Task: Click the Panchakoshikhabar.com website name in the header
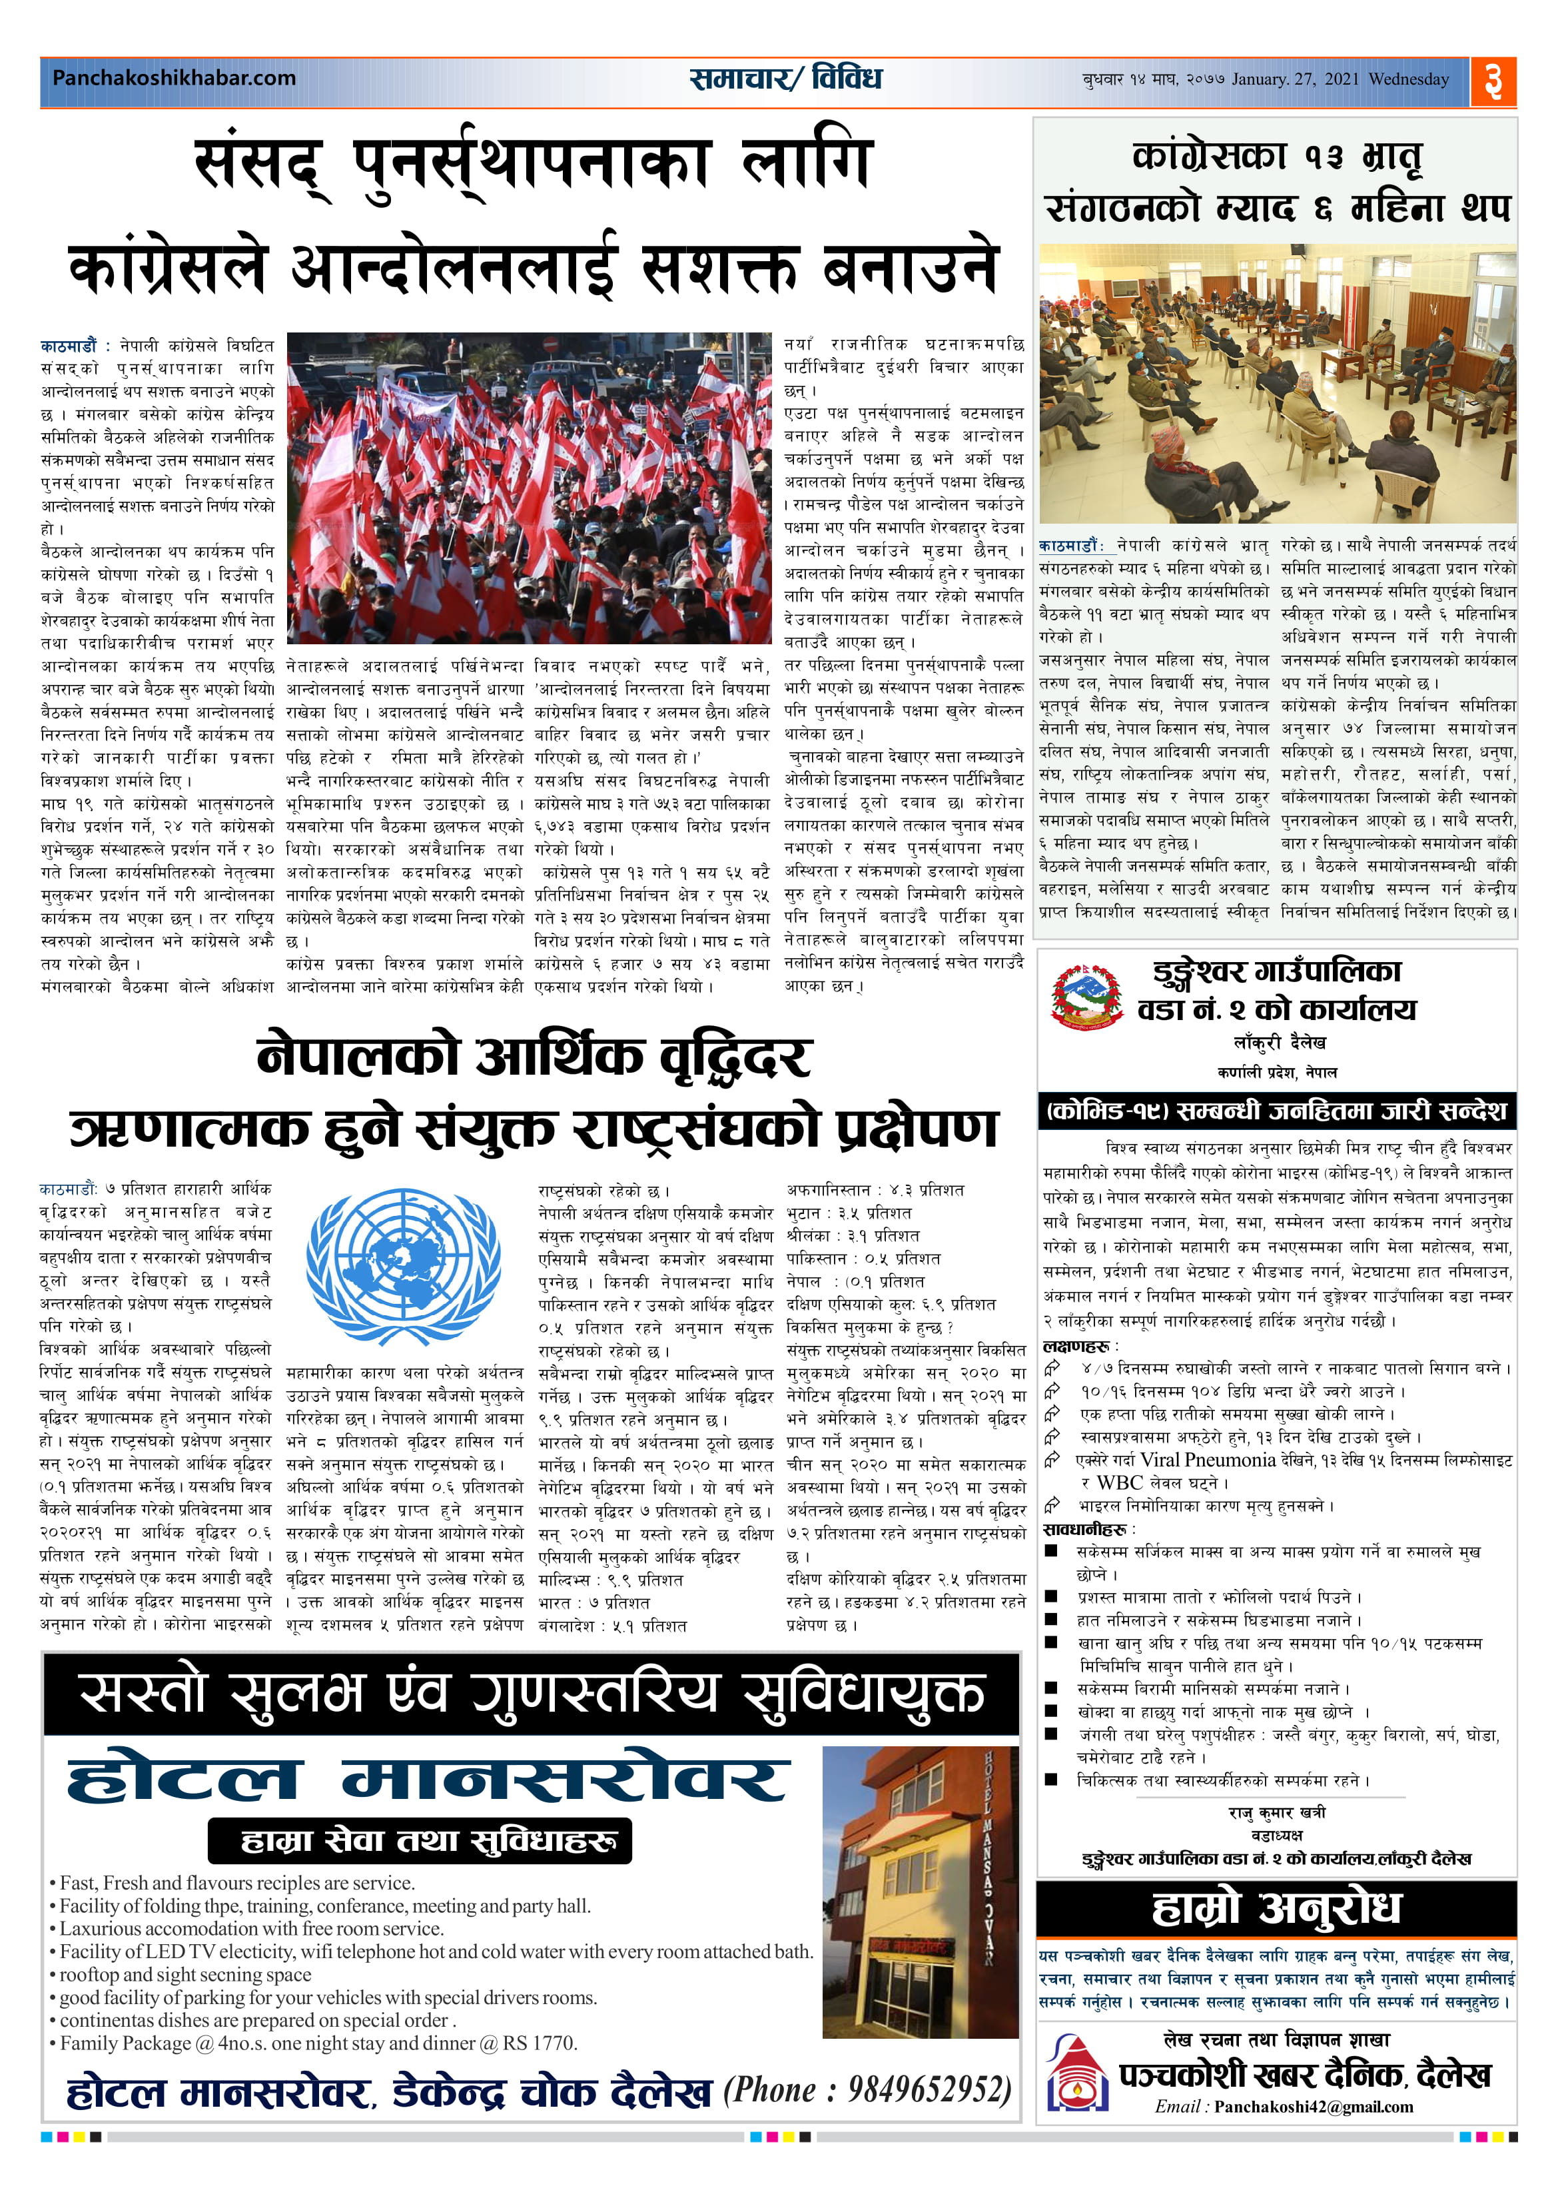[174, 78]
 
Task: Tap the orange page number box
[1493, 81]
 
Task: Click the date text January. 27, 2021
[1295, 80]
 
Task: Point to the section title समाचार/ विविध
[785, 79]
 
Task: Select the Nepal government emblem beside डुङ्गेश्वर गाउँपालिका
[1086, 997]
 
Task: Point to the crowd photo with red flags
[529, 488]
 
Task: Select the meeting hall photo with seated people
[1277, 383]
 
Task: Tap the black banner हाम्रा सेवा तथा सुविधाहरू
[420, 1840]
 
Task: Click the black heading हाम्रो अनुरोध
[1276, 1910]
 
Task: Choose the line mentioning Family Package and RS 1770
[318, 2043]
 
